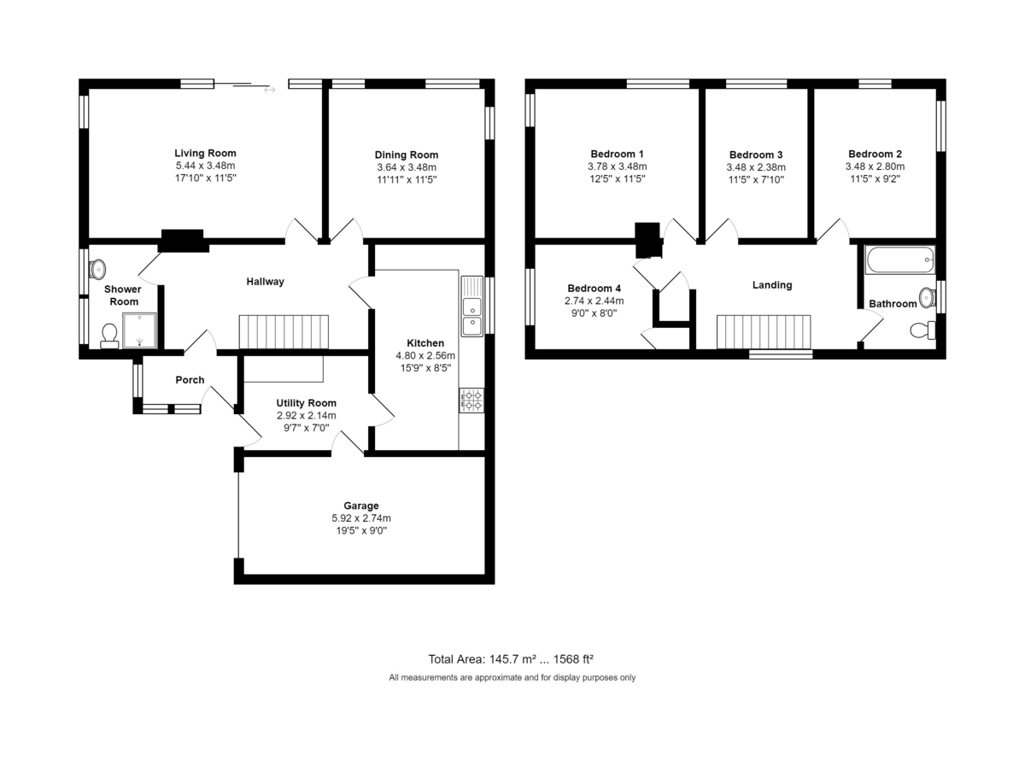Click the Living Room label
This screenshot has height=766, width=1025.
tap(205, 153)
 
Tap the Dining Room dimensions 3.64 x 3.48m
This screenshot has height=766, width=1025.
tap(407, 167)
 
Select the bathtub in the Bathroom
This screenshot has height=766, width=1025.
tap(899, 260)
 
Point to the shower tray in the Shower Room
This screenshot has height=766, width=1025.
tap(139, 330)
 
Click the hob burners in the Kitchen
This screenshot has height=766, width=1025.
tap(471, 401)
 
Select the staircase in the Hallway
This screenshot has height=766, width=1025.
tap(284, 332)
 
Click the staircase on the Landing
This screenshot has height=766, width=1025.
tap(764, 332)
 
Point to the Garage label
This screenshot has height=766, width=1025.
tap(361, 506)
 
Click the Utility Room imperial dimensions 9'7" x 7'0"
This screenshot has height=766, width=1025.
tap(307, 428)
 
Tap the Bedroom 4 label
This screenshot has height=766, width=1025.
tap(594, 289)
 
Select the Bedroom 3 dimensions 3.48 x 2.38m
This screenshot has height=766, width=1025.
tap(756, 167)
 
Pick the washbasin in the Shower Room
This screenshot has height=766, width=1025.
tap(97, 269)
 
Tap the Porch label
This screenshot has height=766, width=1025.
tap(190, 380)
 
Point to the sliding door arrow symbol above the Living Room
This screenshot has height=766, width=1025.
tap(269, 90)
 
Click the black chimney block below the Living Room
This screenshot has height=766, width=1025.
tap(182, 241)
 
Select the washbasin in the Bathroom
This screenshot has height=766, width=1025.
tap(927, 298)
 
